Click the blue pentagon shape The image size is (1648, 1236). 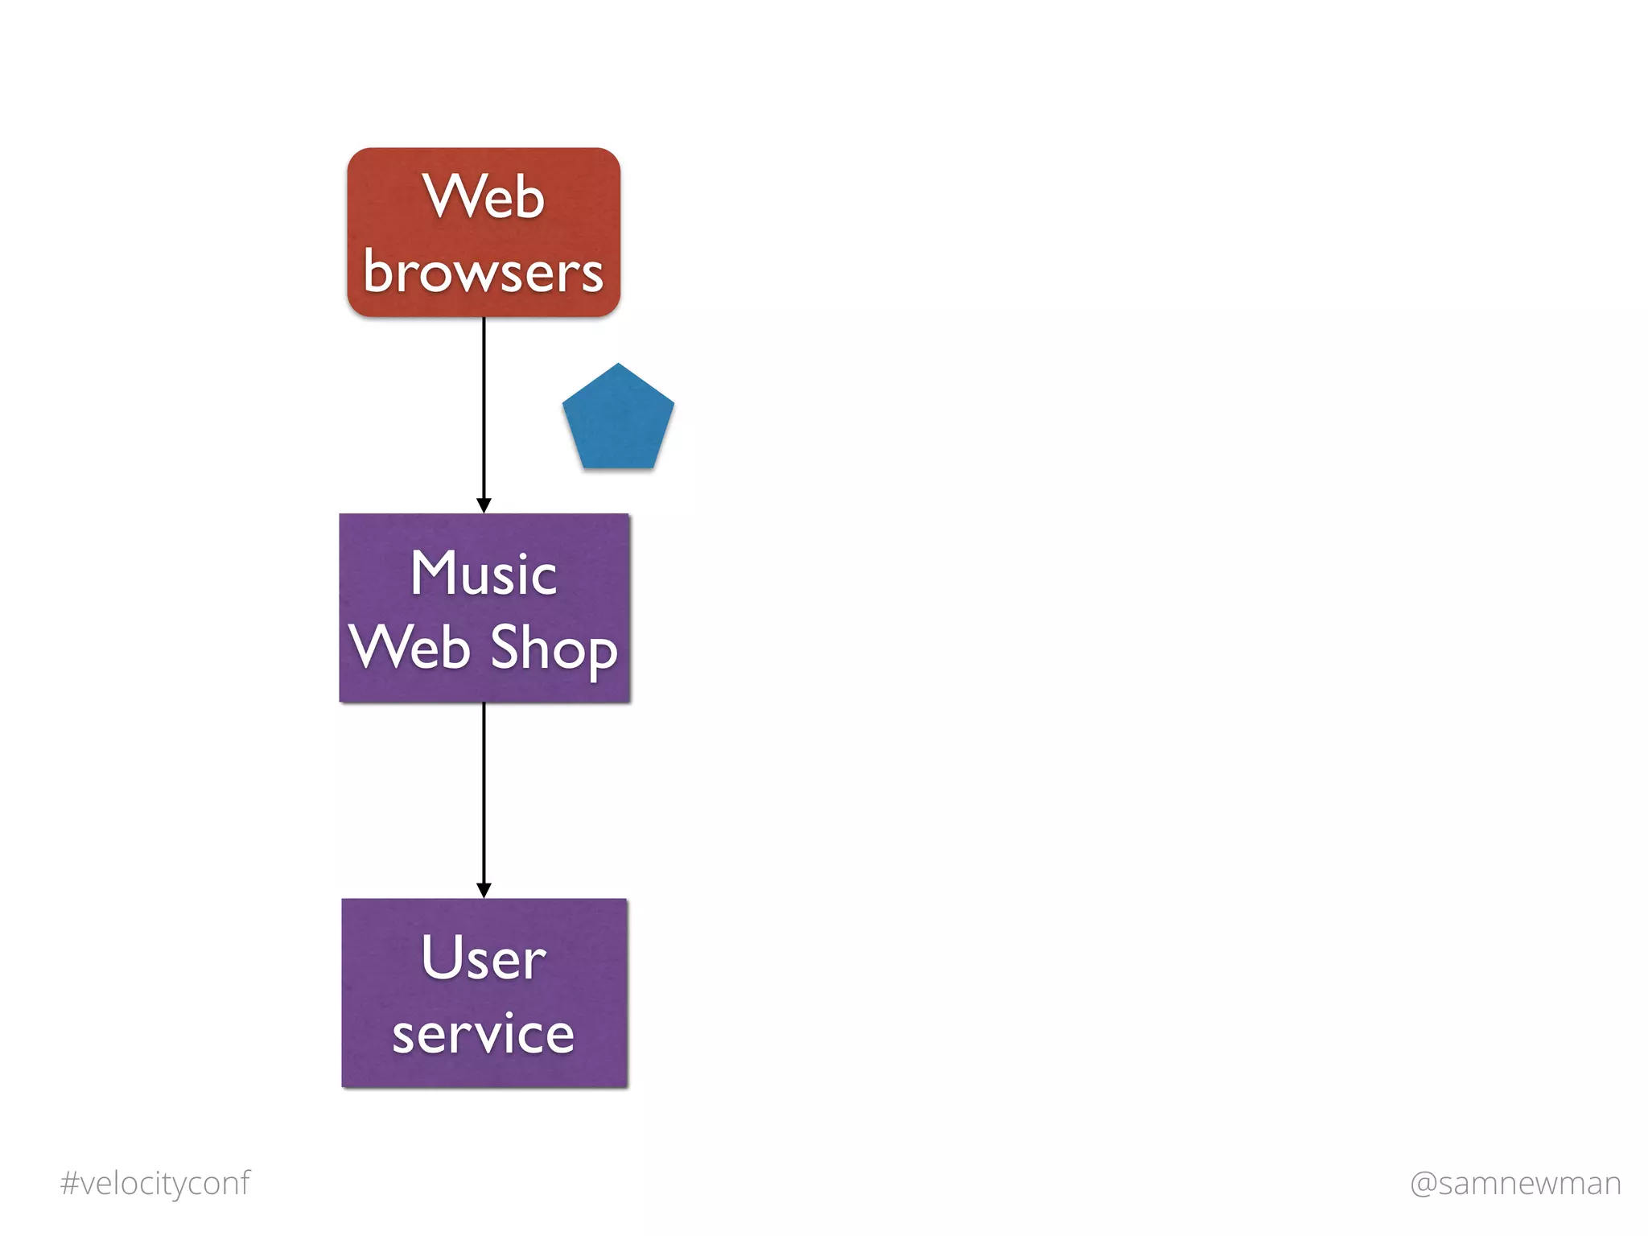(618, 422)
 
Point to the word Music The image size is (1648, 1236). (483, 575)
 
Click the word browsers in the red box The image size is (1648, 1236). (483, 272)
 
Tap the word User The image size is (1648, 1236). (483, 958)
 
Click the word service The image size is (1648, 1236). (483, 1034)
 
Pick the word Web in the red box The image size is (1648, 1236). (484, 197)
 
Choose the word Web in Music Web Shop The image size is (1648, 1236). (410, 647)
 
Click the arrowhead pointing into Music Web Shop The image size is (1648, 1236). (484, 505)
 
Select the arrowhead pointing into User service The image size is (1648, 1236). (484, 890)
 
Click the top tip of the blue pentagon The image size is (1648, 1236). (618, 365)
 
